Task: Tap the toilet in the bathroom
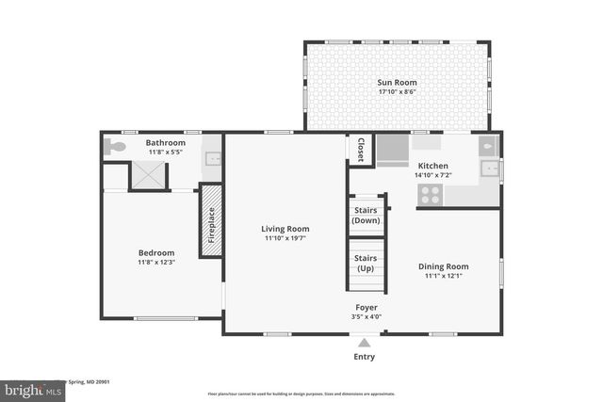pos(114,147)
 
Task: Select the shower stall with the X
pos(148,175)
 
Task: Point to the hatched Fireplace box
pos(211,219)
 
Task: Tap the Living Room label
pos(285,229)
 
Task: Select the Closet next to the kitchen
pos(360,150)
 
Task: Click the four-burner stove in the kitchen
pos(430,194)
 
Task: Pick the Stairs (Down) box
pos(365,216)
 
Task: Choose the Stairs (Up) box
pos(365,263)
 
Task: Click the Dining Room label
pos(443,266)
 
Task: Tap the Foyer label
pos(367,307)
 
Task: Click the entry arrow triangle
pos(364,343)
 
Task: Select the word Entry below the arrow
pos(364,357)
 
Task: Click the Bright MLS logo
pos(28,388)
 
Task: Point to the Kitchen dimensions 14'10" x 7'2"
pos(432,175)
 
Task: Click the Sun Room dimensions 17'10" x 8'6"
pos(397,92)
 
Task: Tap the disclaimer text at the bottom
pos(301,394)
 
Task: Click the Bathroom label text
pos(165,142)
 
